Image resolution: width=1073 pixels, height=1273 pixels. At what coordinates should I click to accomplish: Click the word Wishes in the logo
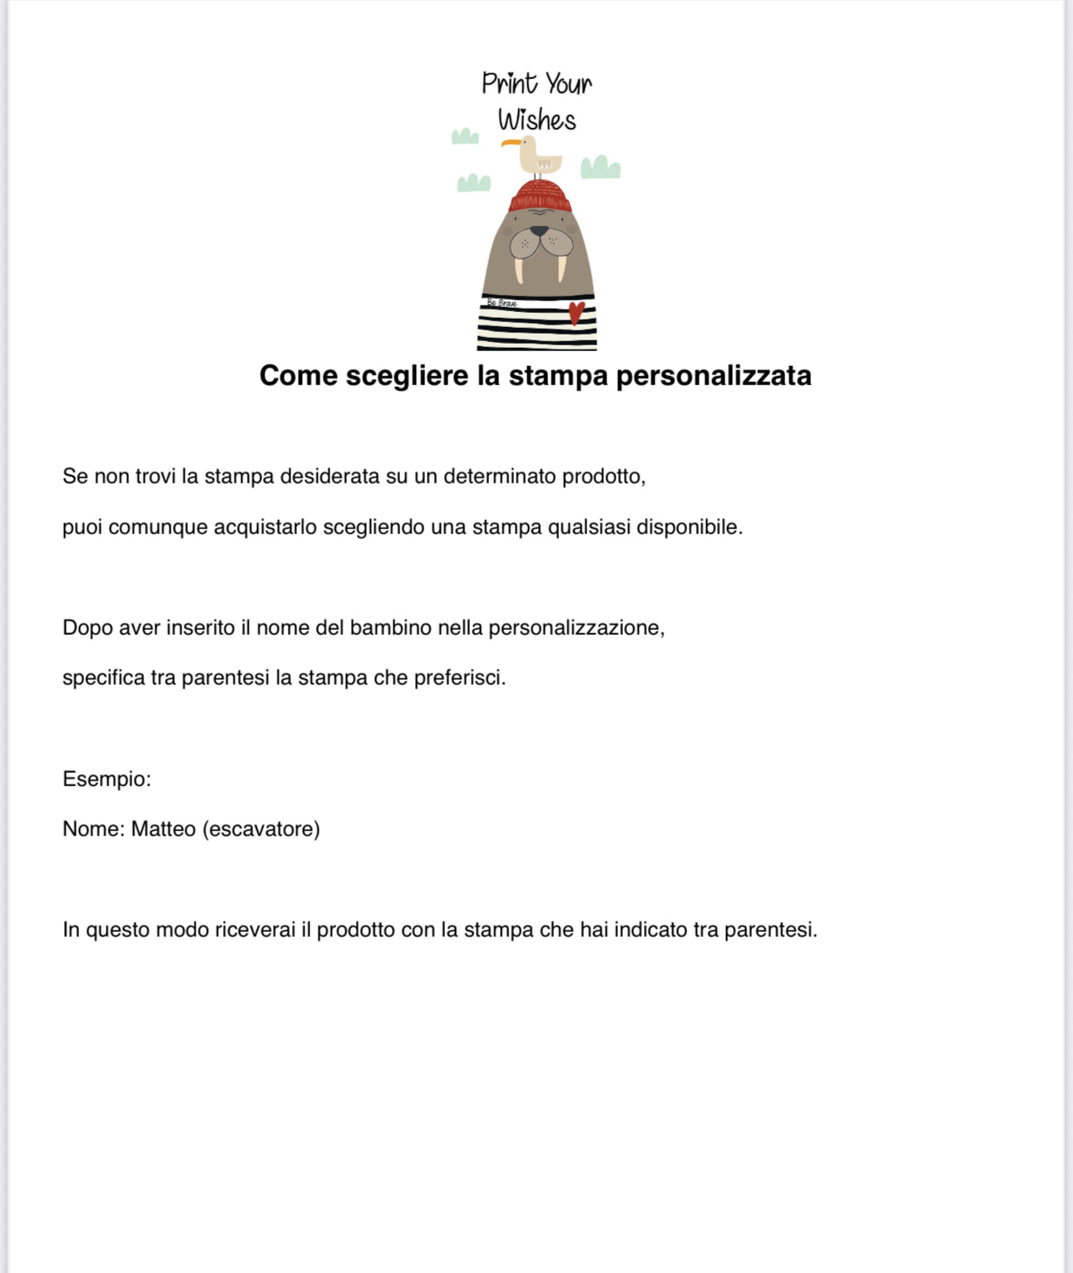(536, 121)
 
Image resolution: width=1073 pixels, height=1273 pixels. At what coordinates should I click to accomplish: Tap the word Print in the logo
(509, 83)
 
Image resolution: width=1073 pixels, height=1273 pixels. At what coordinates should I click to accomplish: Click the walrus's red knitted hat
(540, 198)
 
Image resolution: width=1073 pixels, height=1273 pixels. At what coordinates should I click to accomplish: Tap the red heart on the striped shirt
(576, 313)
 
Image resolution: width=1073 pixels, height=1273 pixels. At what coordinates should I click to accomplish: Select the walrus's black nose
(541, 230)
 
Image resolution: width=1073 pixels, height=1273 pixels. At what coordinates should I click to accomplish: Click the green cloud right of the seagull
(600, 168)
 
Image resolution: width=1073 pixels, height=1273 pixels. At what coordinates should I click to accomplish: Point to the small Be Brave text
(502, 304)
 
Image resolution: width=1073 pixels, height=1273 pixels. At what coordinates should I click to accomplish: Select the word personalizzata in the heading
(714, 375)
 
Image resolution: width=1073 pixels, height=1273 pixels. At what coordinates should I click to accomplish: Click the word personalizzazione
(576, 627)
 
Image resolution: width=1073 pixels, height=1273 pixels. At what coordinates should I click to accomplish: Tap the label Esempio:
(106, 780)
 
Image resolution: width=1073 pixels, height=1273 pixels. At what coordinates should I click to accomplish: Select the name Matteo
(163, 830)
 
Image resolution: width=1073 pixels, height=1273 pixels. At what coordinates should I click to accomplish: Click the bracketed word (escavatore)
(261, 830)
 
